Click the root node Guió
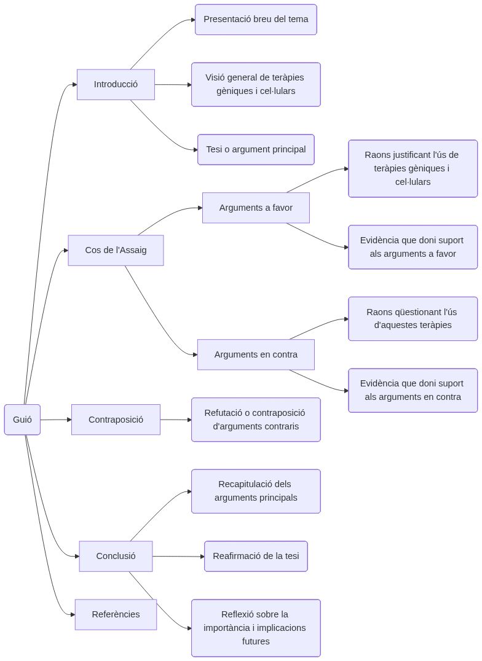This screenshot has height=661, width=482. click(22, 420)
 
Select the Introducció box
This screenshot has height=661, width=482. click(116, 84)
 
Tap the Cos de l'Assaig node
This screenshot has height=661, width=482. click(116, 250)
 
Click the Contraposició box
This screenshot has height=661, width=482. click(116, 420)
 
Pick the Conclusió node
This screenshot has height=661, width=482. click(116, 556)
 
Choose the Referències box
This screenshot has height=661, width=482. click(116, 614)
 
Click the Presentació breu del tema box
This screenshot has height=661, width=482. click(256, 20)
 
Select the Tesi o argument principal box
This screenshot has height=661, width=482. click(256, 149)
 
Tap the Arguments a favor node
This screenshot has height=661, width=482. click(256, 208)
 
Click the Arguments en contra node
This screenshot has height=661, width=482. click(256, 354)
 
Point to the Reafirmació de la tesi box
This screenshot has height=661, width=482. click(256, 556)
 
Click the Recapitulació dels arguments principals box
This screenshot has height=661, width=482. click(256, 491)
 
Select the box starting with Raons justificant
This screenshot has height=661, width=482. click(413, 168)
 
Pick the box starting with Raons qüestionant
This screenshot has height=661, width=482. click(413, 318)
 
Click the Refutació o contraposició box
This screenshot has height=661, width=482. click(256, 420)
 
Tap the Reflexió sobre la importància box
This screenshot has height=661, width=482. click(256, 628)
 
